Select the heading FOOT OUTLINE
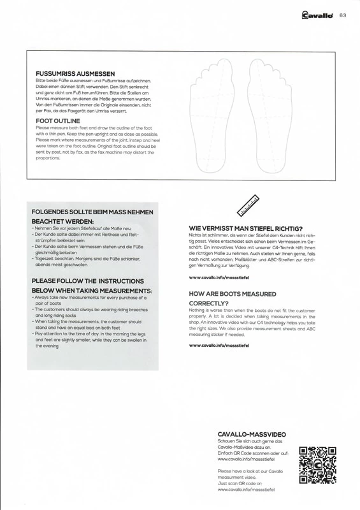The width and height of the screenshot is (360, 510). pyautogui.click(x=58, y=120)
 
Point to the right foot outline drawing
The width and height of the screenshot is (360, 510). pyautogui.click(x=266, y=115)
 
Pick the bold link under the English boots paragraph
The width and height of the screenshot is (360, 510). pyautogui.click(x=219, y=345)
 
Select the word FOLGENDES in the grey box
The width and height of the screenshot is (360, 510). pyautogui.click(x=53, y=212)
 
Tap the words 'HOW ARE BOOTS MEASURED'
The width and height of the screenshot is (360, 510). pyautogui.click(x=233, y=294)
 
